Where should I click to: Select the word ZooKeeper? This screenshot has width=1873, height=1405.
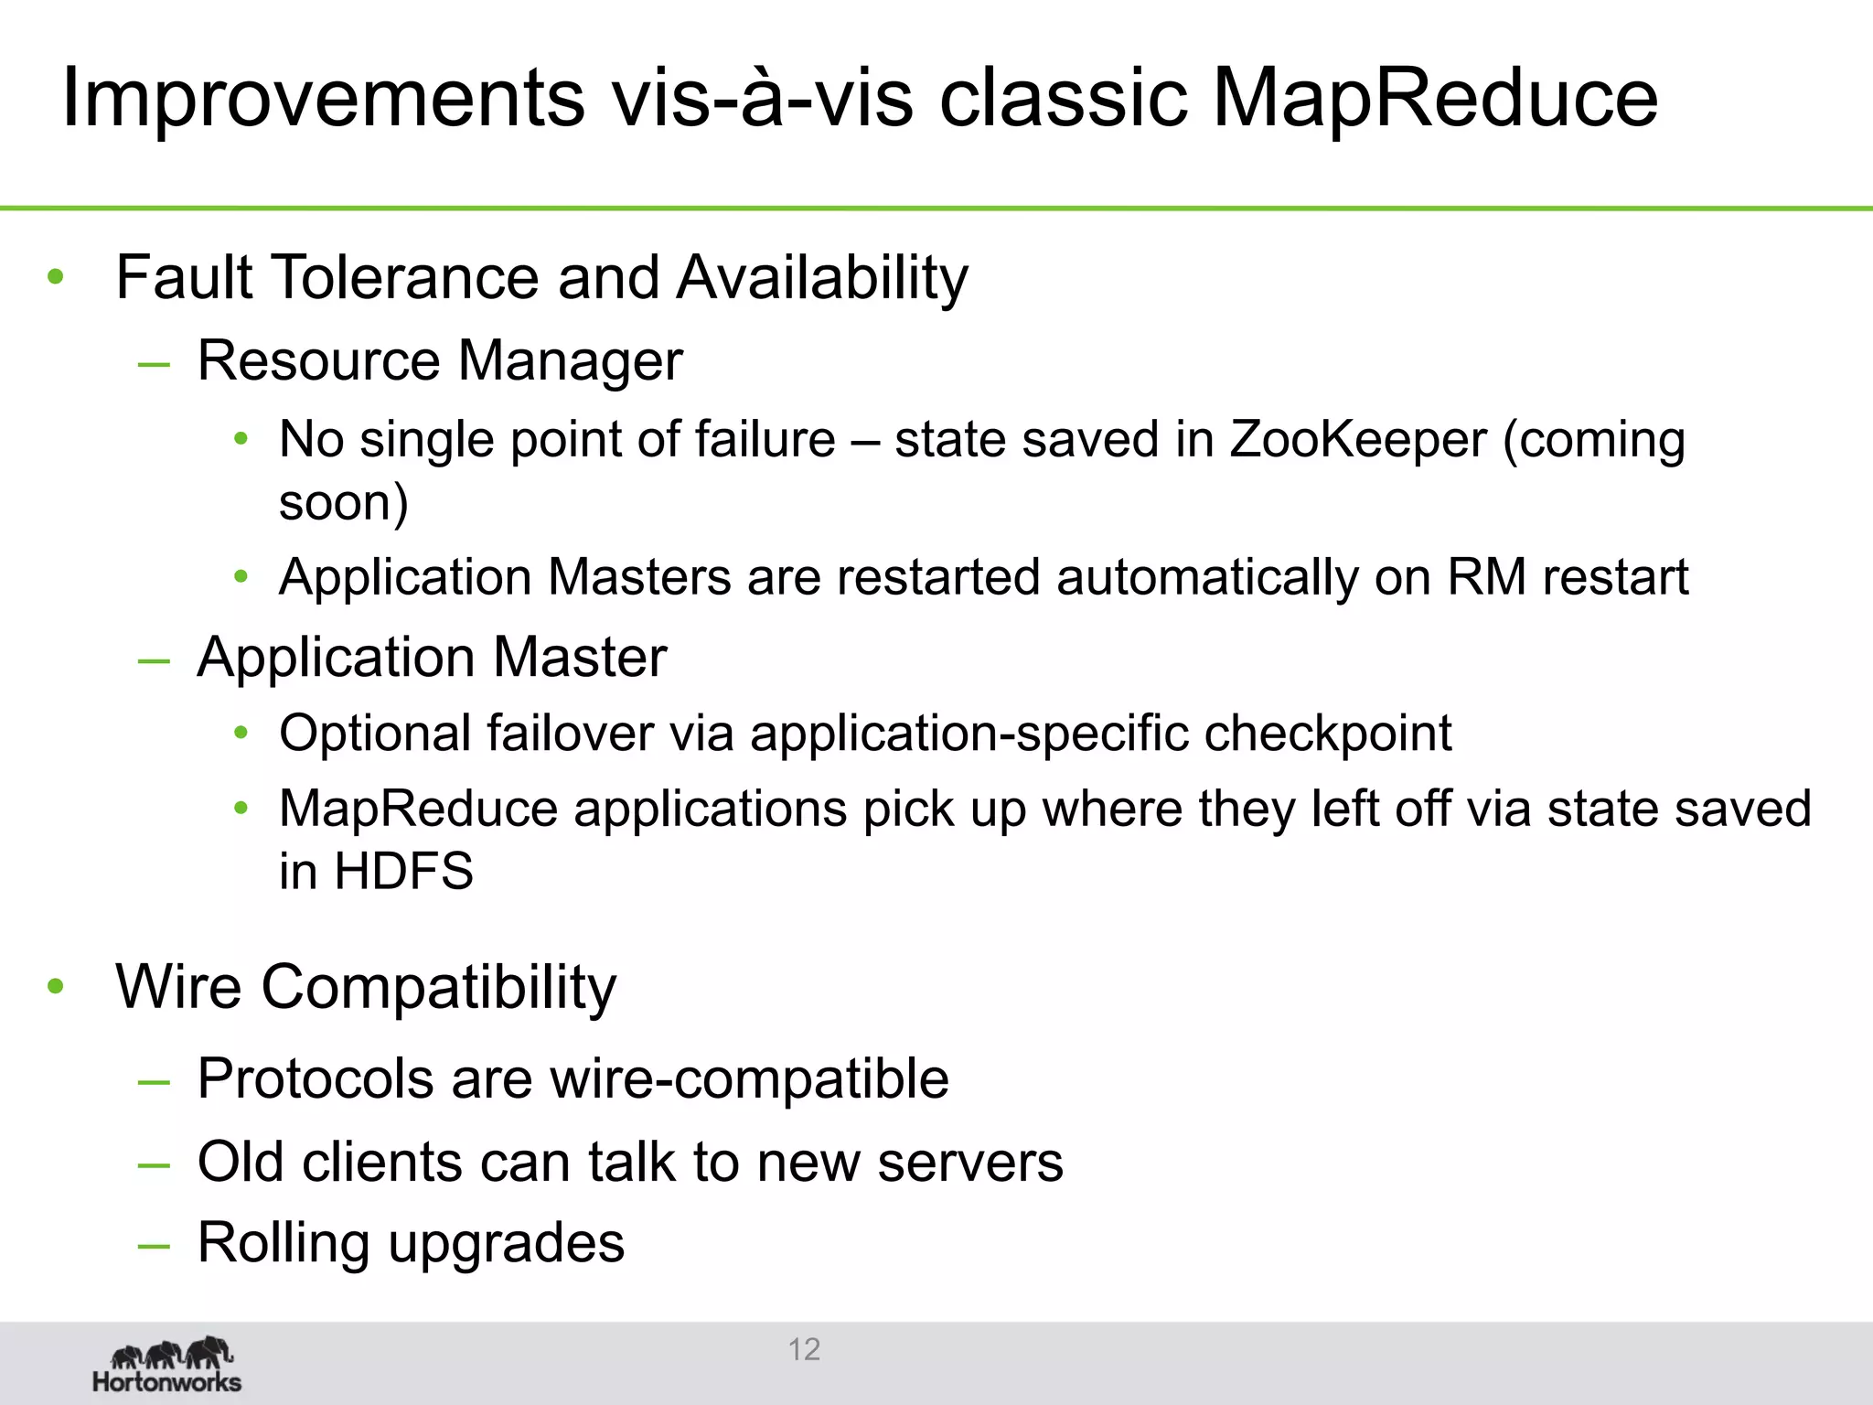tap(1357, 440)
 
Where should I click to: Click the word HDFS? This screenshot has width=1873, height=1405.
tap(403, 871)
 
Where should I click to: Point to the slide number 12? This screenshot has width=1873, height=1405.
tap(804, 1349)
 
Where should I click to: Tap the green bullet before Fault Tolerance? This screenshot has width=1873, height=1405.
tap(56, 276)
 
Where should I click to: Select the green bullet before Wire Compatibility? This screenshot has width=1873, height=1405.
tap(56, 986)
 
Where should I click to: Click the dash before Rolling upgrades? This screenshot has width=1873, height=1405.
tap(154, 1245)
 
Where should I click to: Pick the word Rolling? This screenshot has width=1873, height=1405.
tap(281, 1243)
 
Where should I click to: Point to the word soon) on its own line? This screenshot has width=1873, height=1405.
tap(343, 503)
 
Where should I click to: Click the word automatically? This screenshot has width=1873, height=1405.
tap(1206, 578)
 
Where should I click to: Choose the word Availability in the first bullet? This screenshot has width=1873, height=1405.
tap(822, 278)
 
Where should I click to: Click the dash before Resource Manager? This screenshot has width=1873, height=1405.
tap(154, 363)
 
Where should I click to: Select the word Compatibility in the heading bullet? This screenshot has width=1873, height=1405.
tap(439, 989)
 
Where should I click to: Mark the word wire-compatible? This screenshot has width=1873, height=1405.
tap(749, 1079)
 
